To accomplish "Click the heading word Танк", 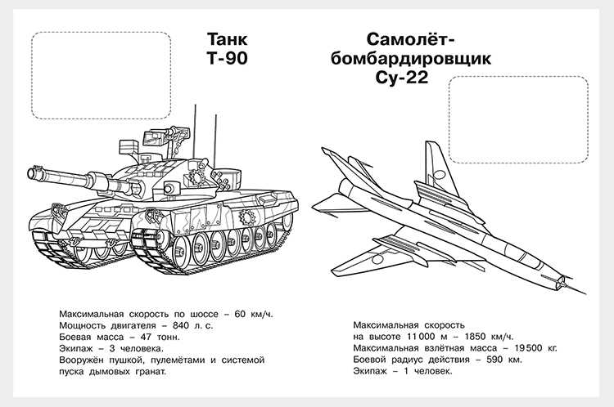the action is pyautogui.click(x=227, y=39).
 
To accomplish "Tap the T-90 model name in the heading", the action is pyautogui.click(x=227, y=58).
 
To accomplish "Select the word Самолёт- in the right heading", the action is pyautogui.click(x=411, y=39).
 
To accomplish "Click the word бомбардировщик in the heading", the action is pyautogui.click(x=411, y=59).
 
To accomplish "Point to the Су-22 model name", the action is pyautogui.click(x=402, y=78).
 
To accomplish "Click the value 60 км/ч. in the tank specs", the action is pyautogui.click(x=253, y=314).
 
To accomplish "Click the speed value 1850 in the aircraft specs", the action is pyautogui.click(x=475, y=336).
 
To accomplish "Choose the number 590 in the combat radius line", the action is pyautogui.click(x=494, y=359).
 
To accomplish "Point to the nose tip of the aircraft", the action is pyautogui.click(x=585, y=293).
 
